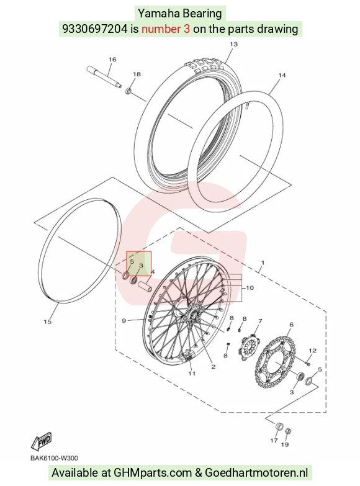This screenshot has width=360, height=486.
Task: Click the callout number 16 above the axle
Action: [112, 59]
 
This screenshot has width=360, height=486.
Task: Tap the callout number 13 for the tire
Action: [233, 44]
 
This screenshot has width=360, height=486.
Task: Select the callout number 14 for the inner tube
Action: [282, 75]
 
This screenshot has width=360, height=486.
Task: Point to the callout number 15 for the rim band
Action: [47, 322]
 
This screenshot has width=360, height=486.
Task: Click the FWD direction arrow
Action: [41, 441]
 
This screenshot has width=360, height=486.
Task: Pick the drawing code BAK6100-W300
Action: [54, 458]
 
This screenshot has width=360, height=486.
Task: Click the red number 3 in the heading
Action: [186, 29]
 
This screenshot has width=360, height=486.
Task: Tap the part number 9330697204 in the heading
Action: [95, 29]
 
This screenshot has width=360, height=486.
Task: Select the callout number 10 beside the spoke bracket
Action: [250, 288]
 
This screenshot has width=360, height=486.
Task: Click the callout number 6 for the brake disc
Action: [291, 325]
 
